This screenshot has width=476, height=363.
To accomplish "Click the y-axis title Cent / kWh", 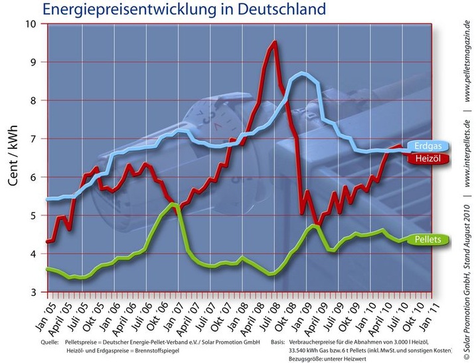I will (x=13, y=159).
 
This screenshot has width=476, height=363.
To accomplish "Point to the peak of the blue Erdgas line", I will (x=302, y=74).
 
